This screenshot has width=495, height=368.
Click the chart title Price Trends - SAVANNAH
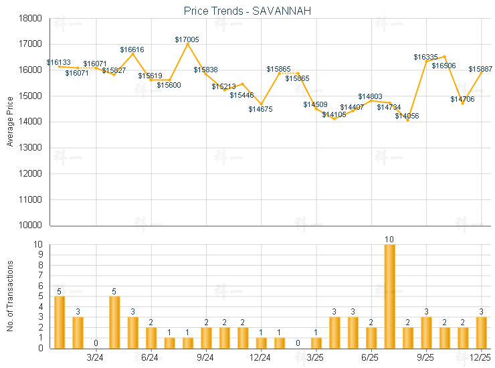[x=247, y=11]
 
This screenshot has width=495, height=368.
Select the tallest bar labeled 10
[x=389, y=296]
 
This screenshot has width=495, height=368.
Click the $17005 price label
[x=187, y=39]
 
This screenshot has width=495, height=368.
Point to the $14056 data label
[x=407, y=116]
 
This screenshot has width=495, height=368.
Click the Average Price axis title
[x=10, y=122]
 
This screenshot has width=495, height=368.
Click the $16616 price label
[x=132, y=50]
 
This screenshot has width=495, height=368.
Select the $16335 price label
[x=425, y=57]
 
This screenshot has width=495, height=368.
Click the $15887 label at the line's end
[x=480, y=69]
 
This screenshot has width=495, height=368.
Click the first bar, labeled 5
[x=60, y=322]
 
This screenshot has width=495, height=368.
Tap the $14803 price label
[x=370, y=96]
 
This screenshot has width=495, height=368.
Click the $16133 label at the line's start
[x=58, y=62]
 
